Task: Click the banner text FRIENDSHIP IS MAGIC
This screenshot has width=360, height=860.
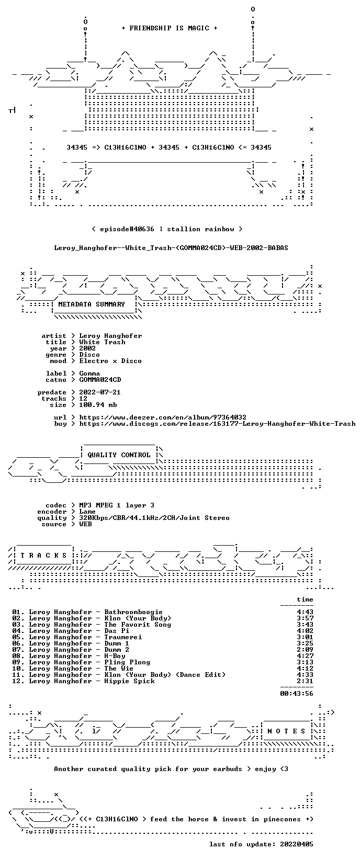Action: (170, 28)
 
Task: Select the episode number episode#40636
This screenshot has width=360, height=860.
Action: (127, 229)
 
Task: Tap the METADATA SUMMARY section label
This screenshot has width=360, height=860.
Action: (92, 304)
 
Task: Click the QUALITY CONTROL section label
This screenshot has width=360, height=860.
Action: (119, 455)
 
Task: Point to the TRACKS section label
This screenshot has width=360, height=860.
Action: (43, 555)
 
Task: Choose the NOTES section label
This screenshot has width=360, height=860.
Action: (286, 731)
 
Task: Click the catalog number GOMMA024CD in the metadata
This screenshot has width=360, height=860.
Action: (100, 380)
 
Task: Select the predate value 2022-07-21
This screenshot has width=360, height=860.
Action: (100, 392)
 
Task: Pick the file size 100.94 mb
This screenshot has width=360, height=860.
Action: (98, 405)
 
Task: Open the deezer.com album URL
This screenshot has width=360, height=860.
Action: (163, 417)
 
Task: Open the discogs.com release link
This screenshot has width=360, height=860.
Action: (217, 424)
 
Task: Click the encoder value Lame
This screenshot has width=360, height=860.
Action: (87, 512)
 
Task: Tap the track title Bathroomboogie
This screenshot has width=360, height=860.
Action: (133, 612)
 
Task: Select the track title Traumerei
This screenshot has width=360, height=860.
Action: (123, 637)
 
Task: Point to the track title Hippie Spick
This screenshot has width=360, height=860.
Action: (129, 681)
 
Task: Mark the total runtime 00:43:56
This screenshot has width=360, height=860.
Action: (297, 693)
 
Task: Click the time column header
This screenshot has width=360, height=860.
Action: (305, 599)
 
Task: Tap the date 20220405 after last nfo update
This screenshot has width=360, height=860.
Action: (297, 844)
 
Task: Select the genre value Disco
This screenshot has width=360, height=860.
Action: (89, 355)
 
